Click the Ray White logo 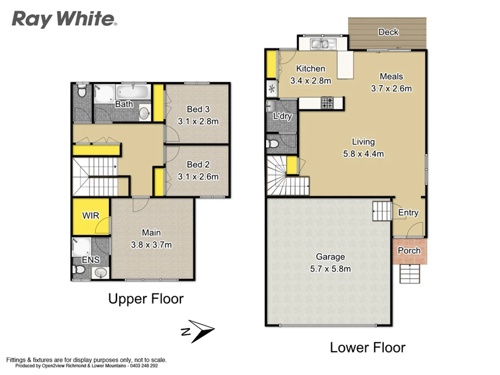pos(64,19)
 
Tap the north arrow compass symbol pos(198,331)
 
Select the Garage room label pos(330,257)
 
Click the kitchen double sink pos(323,44)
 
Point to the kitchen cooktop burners pos(327,102)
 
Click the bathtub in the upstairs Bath pos(133,92)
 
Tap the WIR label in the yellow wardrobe pos(91,216)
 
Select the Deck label pos(388,32)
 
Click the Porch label pos(409,251)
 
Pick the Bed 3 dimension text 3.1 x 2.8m pos(198,122)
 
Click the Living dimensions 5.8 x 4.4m pos(363,154)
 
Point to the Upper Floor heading pos(146,299)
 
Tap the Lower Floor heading pos(367,348)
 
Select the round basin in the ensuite pos(101,273)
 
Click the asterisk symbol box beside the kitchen pos(272,89)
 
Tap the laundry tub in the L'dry pos(271,105)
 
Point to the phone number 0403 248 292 pos(144,366)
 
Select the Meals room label pos(391,76)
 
